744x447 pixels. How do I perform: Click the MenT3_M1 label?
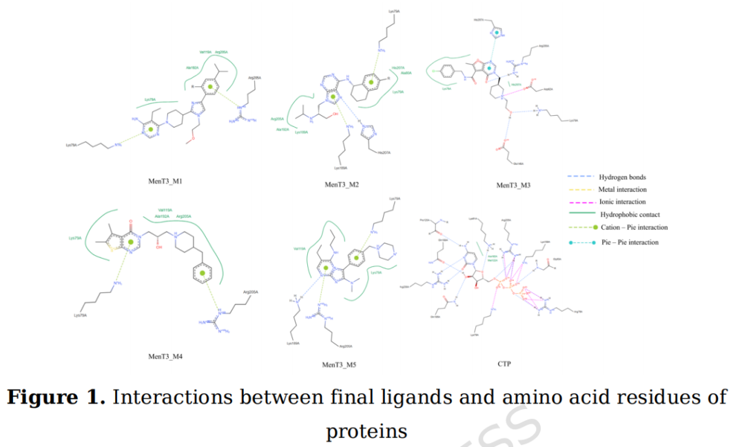(x=169, y=182)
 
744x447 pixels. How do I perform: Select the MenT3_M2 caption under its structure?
(x=342, y=185)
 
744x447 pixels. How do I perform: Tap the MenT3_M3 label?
(x=514, y=185)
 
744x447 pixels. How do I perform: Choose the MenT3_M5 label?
(x=339, y=364)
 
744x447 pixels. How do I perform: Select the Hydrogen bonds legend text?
(x=622, y=177)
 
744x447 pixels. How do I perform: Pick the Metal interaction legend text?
(x=623, y=190)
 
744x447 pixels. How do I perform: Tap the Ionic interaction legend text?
(x=623, y=202)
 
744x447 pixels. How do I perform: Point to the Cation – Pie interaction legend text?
(x=633, y=228)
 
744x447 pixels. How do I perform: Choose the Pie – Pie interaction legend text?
(x=629, y=242)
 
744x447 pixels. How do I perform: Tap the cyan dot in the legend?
(x=572, y=242)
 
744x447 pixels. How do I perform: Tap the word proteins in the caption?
(x=366, y=431)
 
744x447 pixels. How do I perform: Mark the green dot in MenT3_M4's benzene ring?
(x=203, y=275)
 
